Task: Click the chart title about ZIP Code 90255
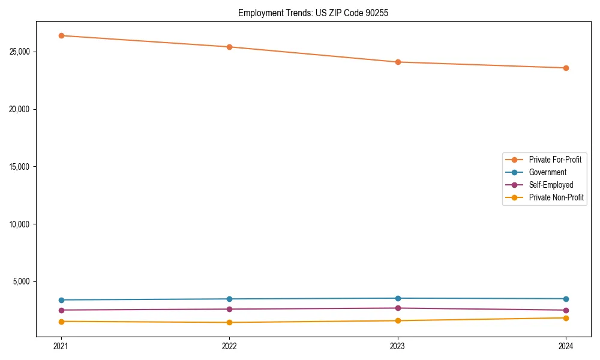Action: pyautogui.click(x=313, y=13)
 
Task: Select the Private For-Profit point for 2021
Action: pyautogui.click(x=61, y=35)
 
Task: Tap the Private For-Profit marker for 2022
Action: pyautogui.click(x=229, y=47)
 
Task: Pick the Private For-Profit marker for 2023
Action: pyautogui.click(x=398, y=62)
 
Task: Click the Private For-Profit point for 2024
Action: pyautogui.click(x=566, y=68)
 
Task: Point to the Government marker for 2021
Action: pyautogui.click(x=61, y=300)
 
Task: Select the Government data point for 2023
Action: pyautogui.click(x=398, y=298)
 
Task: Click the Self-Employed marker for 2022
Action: pyautogui.click(x=229, y=309)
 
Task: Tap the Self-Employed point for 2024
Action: pyautogui.click(x=566, y=310)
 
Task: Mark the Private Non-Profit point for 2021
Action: pyautogui.click(x=61, y=322)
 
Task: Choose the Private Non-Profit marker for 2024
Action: pyautogui.click(x=566, y=318)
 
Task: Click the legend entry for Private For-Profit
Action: pyautogui.click(x=555, y=160)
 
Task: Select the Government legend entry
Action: pyautogui.click(x=547, y=172)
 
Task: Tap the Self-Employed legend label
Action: pyautogui.click(x=551, y=185)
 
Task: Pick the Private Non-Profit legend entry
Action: pyautogui.click(x=556, y=197)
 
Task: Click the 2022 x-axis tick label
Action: pyautogui.click(x=229, y=346)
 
